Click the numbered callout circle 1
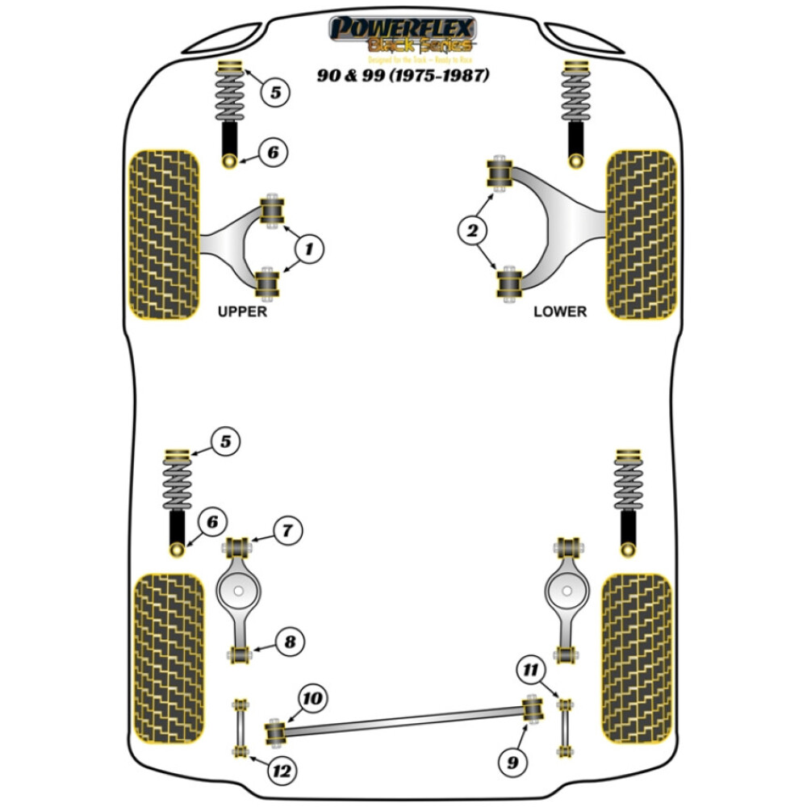point(308,250)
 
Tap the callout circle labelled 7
point(287,531)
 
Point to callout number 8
point(288,642)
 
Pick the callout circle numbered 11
point(529,669)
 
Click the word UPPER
point(241,312)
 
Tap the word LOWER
point(560,312)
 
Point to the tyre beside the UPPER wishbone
point(164,234)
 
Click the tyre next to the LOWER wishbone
point(641,234)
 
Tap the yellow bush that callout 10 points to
point(276,731)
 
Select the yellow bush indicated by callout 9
point(532,709)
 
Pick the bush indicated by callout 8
point(240,653)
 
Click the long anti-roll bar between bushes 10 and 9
point(403,720)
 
